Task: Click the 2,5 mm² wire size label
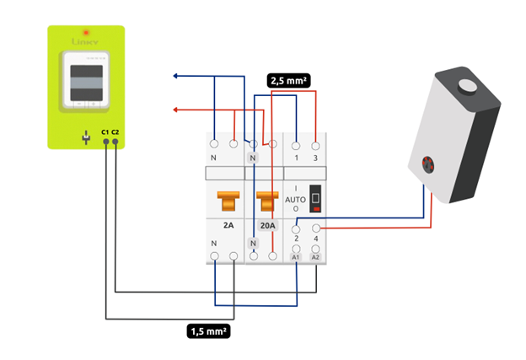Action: [288, 81]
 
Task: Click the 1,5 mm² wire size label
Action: [208, 330]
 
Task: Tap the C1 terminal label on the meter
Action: [105, 132]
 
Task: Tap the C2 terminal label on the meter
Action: [115, 132]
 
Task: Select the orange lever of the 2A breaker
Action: [228, 201]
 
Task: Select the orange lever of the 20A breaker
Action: [267, 201]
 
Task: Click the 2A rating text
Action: [228, 226]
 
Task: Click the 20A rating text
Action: [267, 226]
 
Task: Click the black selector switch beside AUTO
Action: [316, 200]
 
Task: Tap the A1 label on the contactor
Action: [296, 255]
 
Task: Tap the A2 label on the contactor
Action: [316, 255]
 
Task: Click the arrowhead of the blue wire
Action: [174, 77]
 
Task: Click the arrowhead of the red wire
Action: [174, 110]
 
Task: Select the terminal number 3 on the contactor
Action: [316, 158]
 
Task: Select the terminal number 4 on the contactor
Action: [316, 240]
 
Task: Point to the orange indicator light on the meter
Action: [85, 32]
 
